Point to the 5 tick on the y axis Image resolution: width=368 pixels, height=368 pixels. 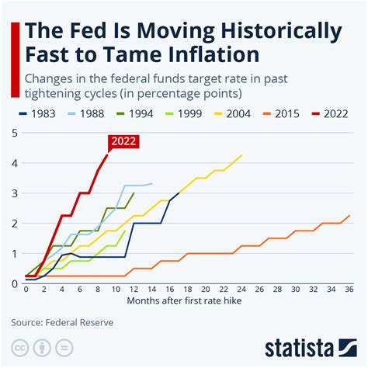(x=16, y=133)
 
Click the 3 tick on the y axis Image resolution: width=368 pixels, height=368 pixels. (x=16, y=193)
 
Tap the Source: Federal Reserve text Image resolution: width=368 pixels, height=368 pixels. (x=62, y=321)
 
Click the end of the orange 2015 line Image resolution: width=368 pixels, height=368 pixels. (x=349, y=216)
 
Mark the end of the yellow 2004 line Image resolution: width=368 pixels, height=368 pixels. (x=241, y=155)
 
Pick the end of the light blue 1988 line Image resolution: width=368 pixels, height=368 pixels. (x=152, y=183)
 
